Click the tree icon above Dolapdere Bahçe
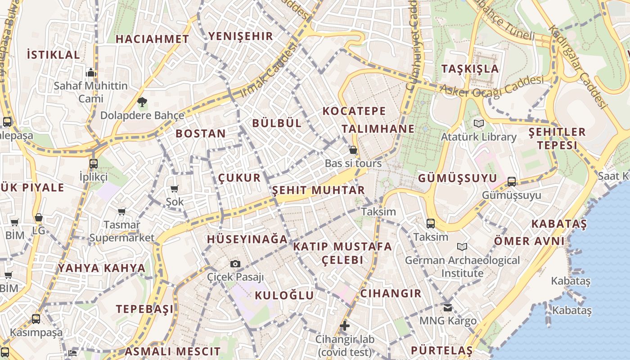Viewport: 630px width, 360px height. [142, 102]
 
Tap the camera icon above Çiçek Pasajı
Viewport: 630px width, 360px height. [235, 264]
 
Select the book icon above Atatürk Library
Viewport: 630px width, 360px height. [478, 123]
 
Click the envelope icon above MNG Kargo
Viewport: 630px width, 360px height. [447, 308]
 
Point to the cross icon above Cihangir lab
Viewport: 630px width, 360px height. [345, 325]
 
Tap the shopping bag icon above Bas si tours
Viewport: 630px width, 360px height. [353, 150]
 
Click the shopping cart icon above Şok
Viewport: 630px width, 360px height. [174, 189]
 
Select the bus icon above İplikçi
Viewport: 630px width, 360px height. [94, 163]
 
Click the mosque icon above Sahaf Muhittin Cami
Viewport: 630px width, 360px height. [91, 72]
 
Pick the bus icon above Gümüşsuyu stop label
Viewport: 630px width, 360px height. [512, 182]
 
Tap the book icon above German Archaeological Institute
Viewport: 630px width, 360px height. [462, 247]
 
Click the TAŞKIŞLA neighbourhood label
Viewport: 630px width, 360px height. [470, 69]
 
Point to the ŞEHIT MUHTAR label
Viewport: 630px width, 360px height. [318, 190]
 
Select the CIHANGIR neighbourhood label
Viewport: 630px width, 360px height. [391, 293]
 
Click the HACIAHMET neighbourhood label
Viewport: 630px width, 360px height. [152, 39]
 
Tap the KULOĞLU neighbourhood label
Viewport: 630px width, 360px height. [284, 295]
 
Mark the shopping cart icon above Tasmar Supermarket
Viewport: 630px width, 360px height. [121, 211]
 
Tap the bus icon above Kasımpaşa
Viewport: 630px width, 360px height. [36, 319]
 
